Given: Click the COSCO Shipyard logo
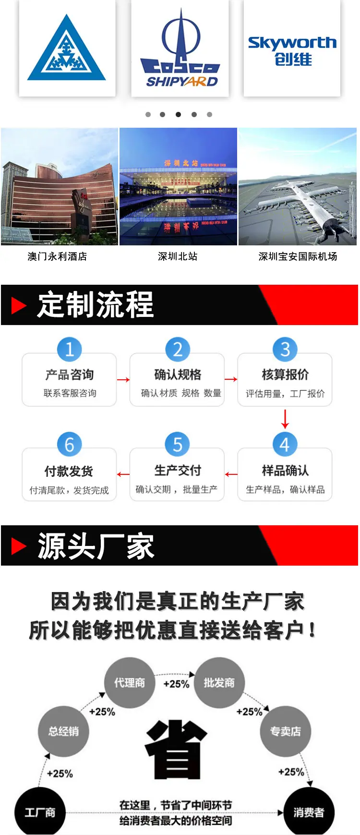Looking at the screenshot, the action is click(x=180, y=48).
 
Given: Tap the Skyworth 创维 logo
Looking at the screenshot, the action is click(x=292, y=51).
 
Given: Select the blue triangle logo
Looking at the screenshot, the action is click(x=67, y=48).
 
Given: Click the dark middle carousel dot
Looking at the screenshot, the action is click(x=178, y=114).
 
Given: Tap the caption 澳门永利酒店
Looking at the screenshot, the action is click(x=57, y=256).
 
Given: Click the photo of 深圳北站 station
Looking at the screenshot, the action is click(x=178, y=186).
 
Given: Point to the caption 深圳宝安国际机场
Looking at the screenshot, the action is click(x=298, y=256).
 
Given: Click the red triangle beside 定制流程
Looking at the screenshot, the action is click(x=19, y=305).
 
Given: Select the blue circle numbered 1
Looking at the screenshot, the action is click(x=70, y=349).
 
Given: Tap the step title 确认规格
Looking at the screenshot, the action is click(x=178, y=375).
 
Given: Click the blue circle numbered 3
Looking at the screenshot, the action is click(x=285, y=349).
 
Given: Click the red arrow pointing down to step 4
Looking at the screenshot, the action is click(x=285, y=419).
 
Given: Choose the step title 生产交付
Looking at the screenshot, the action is click(x=178, y=471).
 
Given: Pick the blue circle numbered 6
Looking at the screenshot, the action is click(x=70, y=445).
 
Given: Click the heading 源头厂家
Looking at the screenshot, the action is click(x=96, y=546).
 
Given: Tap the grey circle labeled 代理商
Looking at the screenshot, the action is click(x=130, y=682).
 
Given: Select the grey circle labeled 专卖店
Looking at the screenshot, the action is click(x=286, y=731).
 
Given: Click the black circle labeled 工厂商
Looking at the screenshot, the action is click(x=40, y=812).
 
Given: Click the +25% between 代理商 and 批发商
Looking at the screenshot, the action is click(x=176, y=684).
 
